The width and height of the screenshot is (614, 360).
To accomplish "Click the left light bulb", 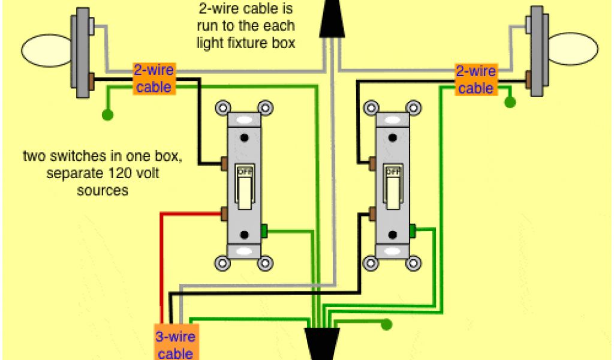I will point(46,50).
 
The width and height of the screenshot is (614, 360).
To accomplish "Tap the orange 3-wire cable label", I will point(175,344).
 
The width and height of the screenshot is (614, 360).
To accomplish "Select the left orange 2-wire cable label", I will point(153,79).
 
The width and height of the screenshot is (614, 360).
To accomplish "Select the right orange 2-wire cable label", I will point(475,80).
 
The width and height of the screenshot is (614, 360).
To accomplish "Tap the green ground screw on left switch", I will point(264,230).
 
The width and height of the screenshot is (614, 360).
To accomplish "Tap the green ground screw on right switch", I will point(413,229).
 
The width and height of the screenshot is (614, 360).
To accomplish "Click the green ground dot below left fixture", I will point(107,113).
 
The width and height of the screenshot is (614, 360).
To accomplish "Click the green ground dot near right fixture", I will point(510,102).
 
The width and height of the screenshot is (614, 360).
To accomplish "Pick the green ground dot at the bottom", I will point(387,325).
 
